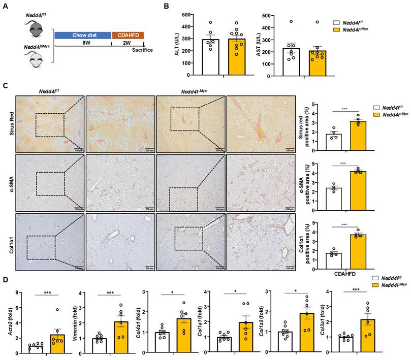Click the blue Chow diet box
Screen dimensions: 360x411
click(x=82, y=36)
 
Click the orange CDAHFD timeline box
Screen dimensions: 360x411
click(x=128, y=36)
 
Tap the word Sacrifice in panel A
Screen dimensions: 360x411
click(x=142, y=50)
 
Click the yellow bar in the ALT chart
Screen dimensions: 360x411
click(x=237, y=57)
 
